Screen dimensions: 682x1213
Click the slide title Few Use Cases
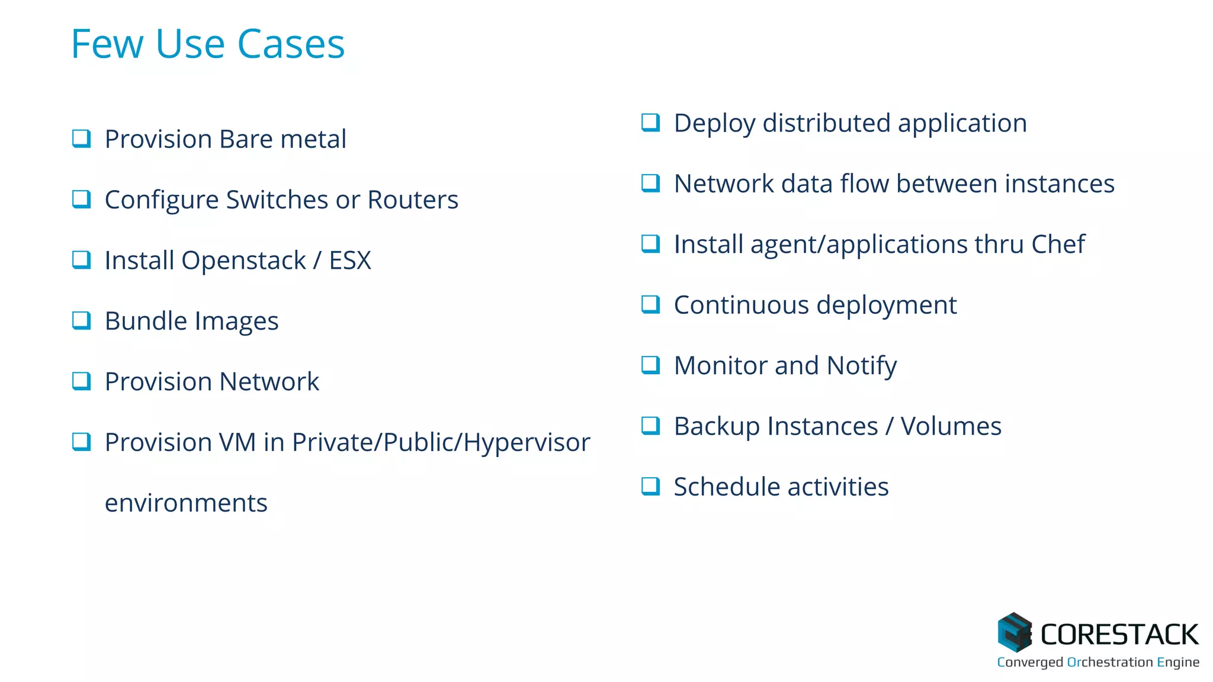[207, 44]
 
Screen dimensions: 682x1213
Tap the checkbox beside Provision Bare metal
[81, 139]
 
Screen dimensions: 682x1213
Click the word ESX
[350, 260]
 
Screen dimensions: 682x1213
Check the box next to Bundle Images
[81, 320]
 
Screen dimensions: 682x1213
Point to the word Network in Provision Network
[271, 381]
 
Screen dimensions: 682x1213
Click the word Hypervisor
[527, 442]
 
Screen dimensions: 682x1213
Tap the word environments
[186, 503]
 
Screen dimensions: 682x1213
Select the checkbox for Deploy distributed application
[650, 123]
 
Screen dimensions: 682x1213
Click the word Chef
[1058, 244]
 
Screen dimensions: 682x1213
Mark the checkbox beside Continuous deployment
[650, 304]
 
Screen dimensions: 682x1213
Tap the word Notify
[862, 366]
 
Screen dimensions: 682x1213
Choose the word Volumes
[951, 426]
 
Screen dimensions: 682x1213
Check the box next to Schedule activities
[650, 486]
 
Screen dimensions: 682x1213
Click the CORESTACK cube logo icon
[1015, 632]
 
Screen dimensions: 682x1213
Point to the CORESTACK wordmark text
[1119, 635]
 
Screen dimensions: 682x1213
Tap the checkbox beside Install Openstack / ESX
[81, 260]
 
